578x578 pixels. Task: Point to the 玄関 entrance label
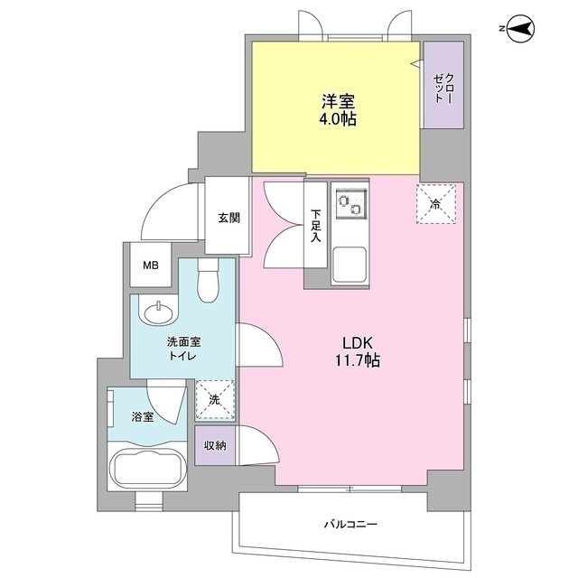228,218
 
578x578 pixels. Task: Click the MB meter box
151,266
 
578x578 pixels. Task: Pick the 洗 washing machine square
215,399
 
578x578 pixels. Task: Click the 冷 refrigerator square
434,203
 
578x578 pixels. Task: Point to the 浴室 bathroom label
142,416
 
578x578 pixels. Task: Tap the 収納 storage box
214,444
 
